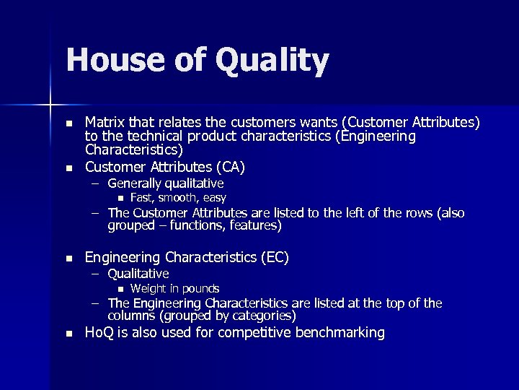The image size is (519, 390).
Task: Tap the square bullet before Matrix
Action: (68, 123)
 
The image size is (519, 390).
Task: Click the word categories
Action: (263, 316)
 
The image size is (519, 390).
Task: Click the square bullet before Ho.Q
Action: (68, 334)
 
